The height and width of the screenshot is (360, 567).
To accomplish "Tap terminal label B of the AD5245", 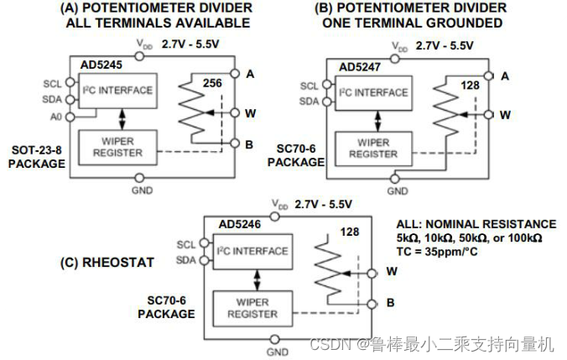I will pyautogui.click(x=249, y=144).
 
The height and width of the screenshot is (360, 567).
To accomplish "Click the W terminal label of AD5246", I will pyautogui.click(x=392, y=272).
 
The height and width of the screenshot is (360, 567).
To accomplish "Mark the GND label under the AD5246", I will pyautogui.click(x=275, y=350).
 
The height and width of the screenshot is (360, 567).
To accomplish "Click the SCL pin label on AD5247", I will pyautogui.click(x=310, y=86).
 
